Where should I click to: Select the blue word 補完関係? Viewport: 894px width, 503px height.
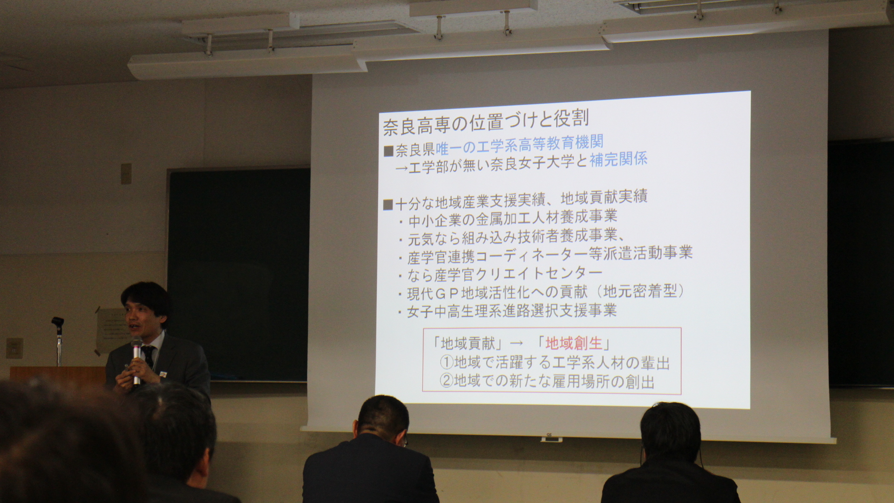(x=618, y=160)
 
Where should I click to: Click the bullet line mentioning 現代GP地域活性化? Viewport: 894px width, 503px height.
(x=542, y=292)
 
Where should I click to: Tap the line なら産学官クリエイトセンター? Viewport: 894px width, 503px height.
(x=501, y=274)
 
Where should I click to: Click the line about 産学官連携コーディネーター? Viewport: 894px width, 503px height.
(x=546, y=254)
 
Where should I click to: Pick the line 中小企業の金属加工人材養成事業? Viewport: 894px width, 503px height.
(x=508, y=218)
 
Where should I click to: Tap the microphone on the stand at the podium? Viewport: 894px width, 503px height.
(x=58, y=322)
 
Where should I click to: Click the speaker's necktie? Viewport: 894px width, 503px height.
(x=149, y=356)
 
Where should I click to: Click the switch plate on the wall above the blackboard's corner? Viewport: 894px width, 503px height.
(x=126, y=173)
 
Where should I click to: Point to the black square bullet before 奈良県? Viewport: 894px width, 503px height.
(x=388, y=151)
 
